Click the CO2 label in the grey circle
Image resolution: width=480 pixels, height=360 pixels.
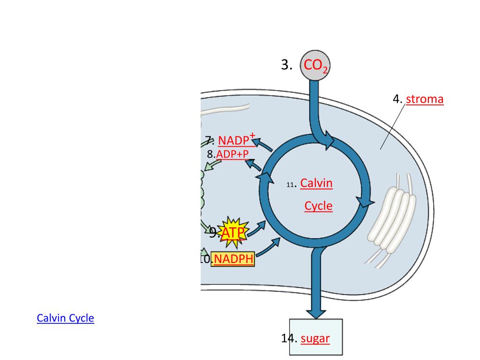pyautogui.click(x=315, y=65)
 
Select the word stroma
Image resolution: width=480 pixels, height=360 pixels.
pyautogui.click(x=425, y=99)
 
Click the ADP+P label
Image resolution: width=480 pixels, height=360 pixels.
pyautogui.click(x=232, y=154)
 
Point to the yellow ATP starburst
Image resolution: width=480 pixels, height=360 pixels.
pyautogui.click(x=233, y=232)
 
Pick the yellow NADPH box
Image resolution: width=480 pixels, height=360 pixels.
pyautogui.click(x=233, y=259)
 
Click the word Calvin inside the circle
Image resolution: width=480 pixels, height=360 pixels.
pyautogui.click(x=316, y=183)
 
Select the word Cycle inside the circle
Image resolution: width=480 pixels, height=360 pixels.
pyautogui.click(x=318, y=206)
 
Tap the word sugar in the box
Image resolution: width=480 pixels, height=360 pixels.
pyautogui.click(x=315, y=338)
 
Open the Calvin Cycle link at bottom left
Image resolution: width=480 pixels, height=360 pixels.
pyautogui.click(x=65, y=318)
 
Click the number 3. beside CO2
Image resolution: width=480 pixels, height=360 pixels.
pyautogui.click(x=287, y=65)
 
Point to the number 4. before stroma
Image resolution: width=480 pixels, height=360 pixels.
pyautogui.click(x=397, y=99)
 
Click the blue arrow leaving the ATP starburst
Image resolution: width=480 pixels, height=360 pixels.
pyautogui.click(x=255, y=228)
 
